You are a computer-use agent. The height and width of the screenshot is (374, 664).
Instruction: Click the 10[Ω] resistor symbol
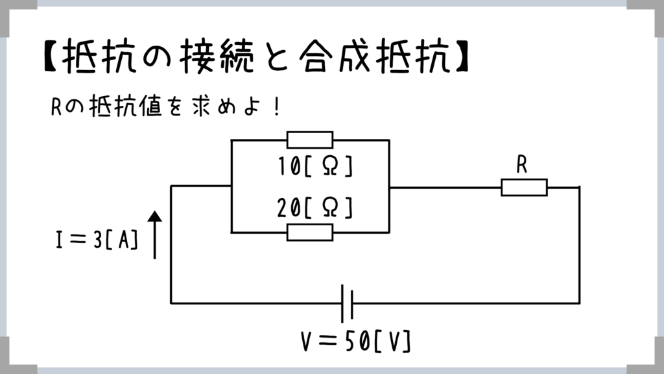click(x=310, y=140)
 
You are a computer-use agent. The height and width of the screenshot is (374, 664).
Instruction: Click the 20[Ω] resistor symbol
click(x=310, y=232)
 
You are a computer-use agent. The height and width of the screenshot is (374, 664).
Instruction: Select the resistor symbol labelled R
click(x=524, y=187)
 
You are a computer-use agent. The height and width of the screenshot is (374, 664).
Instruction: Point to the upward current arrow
click(x=154, y=235)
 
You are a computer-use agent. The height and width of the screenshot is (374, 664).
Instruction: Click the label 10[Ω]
click(x=314, y=167)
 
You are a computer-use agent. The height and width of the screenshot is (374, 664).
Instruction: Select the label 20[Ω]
click(x=314, y=208)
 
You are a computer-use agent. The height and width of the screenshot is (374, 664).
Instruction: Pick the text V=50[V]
click(x=357, y=340)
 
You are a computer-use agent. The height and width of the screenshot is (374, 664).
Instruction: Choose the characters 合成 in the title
click(x=337, y=60)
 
